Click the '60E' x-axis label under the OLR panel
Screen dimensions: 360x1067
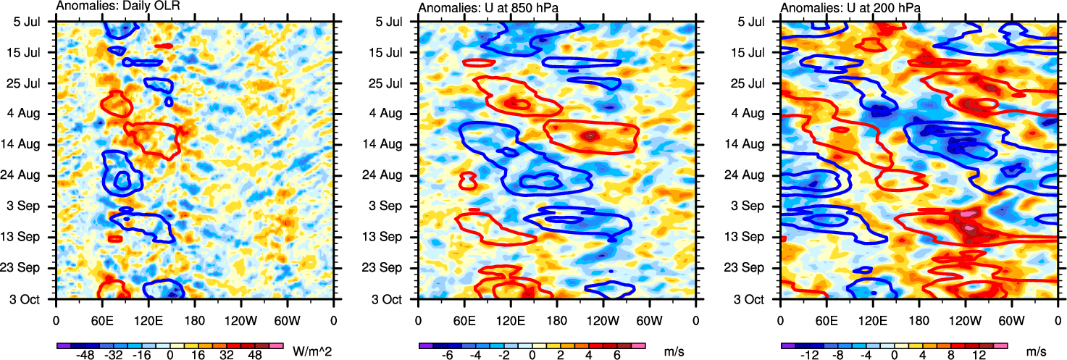pos(102,319)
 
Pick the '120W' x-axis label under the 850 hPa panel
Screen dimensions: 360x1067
pos(603,319)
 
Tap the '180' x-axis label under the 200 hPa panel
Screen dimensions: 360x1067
pos(919,319)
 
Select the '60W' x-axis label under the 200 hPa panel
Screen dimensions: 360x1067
pos(1011,319)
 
